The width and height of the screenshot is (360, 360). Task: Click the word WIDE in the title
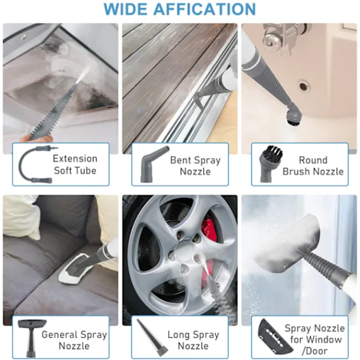(125, 9)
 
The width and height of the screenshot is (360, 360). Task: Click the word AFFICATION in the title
(205, 9)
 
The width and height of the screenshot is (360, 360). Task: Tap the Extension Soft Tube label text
(75, 164)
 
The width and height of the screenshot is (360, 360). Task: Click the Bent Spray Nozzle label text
(196, 166)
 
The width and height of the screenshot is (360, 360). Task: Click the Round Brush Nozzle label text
(313, 166)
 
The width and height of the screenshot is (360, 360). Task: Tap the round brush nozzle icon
(271, 163)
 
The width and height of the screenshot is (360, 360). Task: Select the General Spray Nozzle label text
(74, 340)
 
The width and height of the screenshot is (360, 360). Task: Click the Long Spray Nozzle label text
(193, 340)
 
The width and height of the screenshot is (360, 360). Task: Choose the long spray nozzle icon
(152, 337)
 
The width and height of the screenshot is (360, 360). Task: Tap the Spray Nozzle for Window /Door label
(315, 340)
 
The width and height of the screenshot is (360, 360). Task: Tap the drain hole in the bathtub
(304, 86)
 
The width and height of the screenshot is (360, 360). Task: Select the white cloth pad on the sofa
(76, 268)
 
